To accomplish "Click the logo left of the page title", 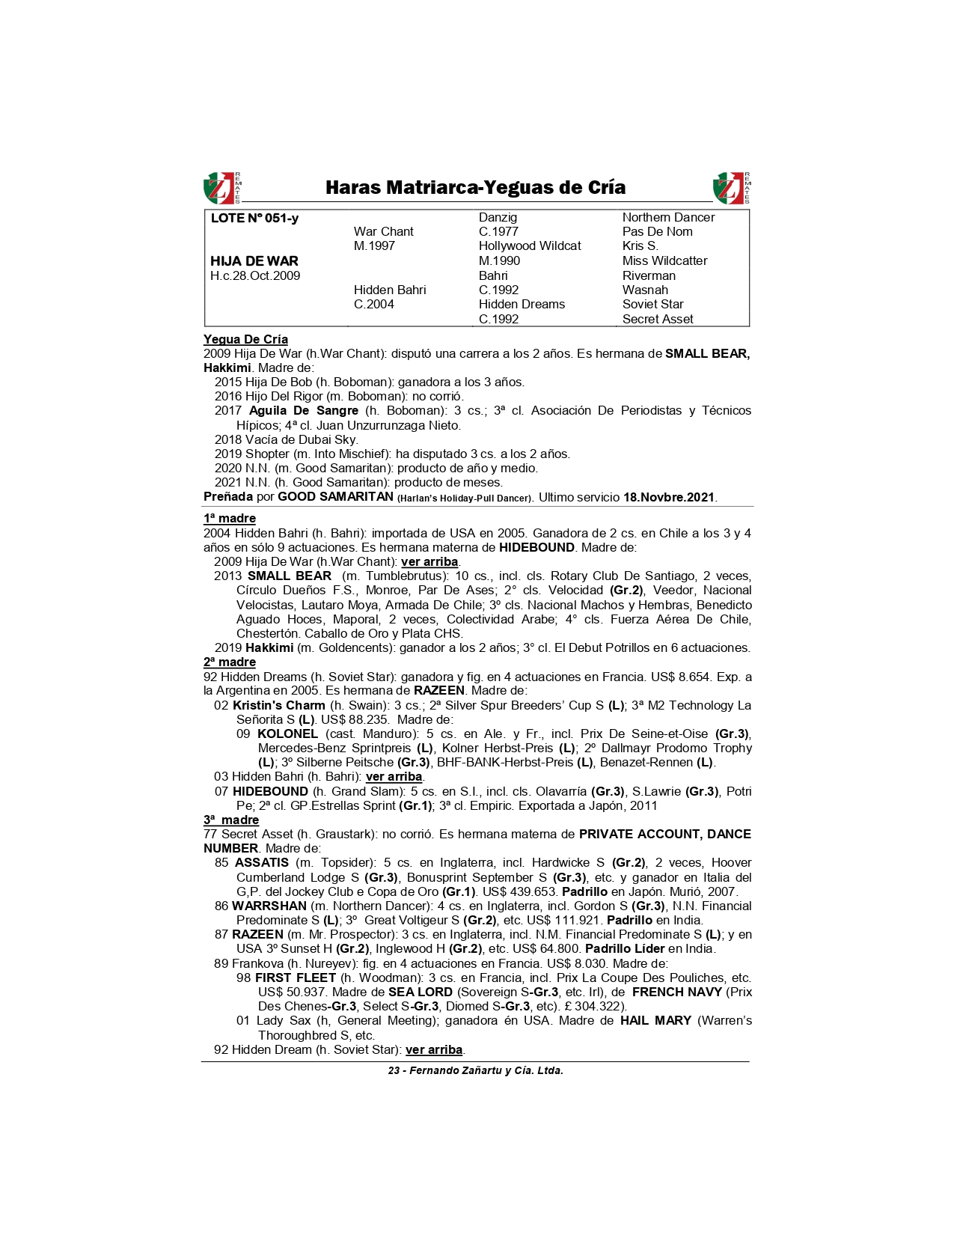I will pyautogui.click(x=221, y=188).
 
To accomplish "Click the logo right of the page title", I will pyautogui.click(x=731, y=188).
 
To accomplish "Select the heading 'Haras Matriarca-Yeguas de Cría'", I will pyautogui.click(x=475, y=187).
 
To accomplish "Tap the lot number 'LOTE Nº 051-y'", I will pyautogui.click(x=254, y=218).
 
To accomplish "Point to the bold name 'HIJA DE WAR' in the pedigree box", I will pyautogui.click(x=254, y=261).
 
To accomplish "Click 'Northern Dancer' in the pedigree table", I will pyautogui.click(x=668, y=217).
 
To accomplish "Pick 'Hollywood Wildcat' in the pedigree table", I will pyautogui.click(x=530, y=246).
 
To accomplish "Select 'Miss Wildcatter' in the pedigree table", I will pyautogui.click(x=664, y=260).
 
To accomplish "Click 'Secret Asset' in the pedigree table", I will pyautogui.click(x=658, y=319).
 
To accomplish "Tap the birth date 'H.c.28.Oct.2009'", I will pyautogui.click(x=255, y=275).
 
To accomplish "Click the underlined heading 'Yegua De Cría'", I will pyautogui.click(x=245, y=339).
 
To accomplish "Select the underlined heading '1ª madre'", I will pyautogui.click(x=230, y=518).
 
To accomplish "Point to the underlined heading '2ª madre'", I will pyautogui.click(x=230, y=662).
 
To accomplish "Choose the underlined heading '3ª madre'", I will pyautogui.click(x=231, y=820).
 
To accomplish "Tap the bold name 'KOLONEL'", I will pyautogui.click(x=287, y=734).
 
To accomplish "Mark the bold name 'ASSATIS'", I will pyautogui.click(x=261, y=862).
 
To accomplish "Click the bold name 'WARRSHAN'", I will pyautogui.click(x=269, y=906).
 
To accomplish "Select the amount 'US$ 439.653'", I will pyautogui.click(x=517, y=891).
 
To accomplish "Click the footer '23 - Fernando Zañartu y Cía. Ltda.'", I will pyautogui.click(x=475, y=1070).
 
